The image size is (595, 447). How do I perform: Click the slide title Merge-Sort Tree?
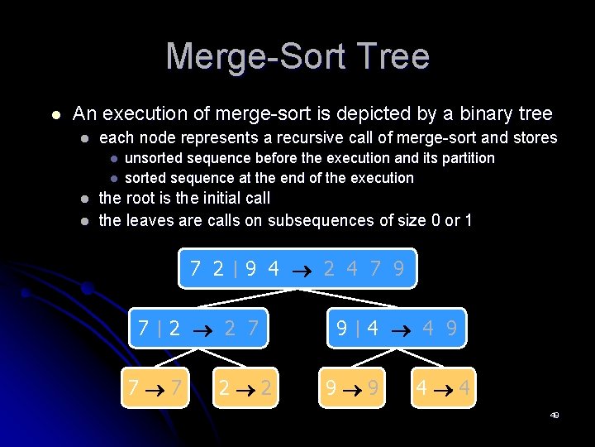click(x=297, y=56)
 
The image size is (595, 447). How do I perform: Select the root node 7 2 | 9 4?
click(x=297, y=268)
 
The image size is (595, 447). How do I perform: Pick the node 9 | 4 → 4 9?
click(x=396, y=329)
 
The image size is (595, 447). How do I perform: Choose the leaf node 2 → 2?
click(x=245, y=387)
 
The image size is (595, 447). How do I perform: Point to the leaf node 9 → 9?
click(x=352, y=387)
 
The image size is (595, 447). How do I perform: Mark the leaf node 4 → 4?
click(x=443, y=387)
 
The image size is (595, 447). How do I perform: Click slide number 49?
click(x=555, y=416)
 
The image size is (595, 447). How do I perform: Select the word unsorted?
click(x=154, y=158)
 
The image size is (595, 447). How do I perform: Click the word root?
click(x=140, y=199)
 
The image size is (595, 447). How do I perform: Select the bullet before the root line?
click(x=84, y=199)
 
